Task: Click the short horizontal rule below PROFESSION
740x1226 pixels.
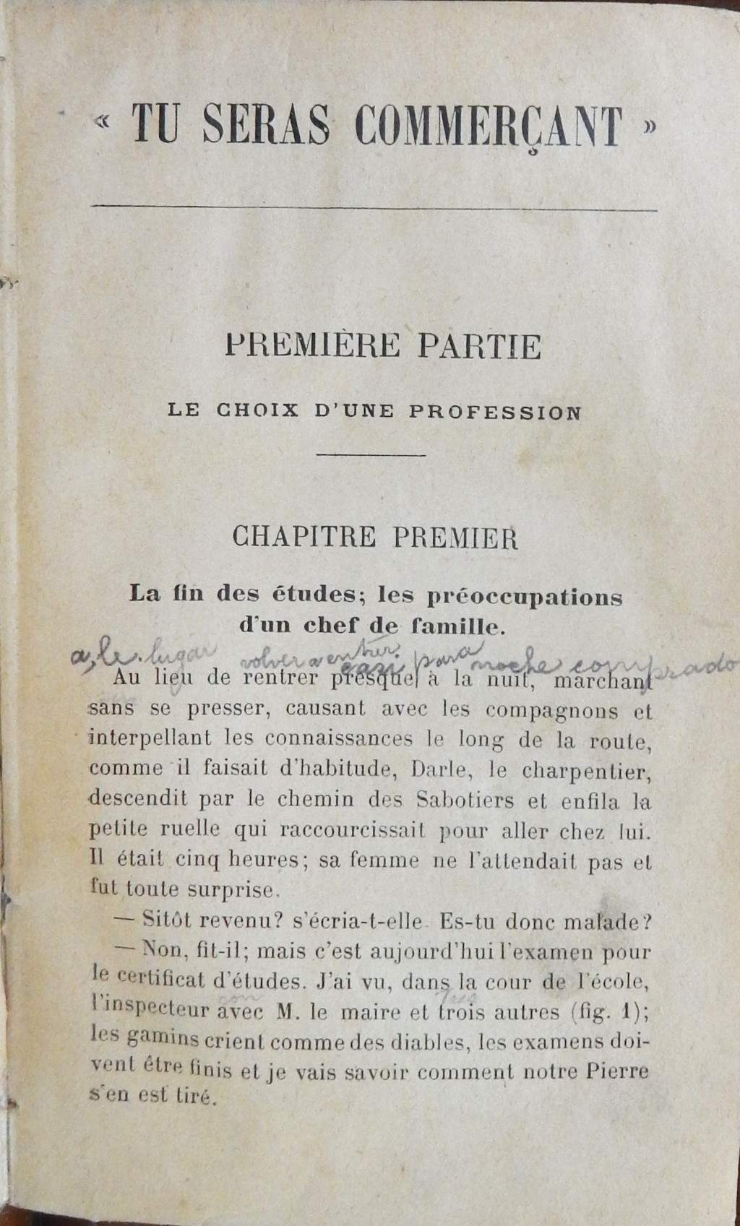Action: click(371, 455)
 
